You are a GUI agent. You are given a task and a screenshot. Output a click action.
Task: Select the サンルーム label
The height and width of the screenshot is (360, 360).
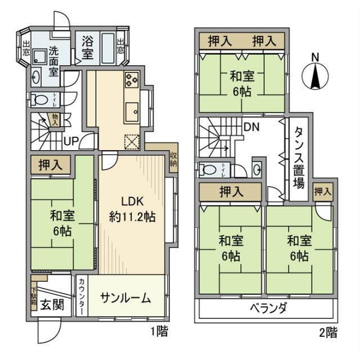point(125,299)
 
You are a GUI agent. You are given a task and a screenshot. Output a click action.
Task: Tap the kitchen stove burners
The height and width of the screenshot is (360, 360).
point(132,81)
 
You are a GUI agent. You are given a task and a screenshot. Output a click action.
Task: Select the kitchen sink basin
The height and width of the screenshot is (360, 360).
point(133,109)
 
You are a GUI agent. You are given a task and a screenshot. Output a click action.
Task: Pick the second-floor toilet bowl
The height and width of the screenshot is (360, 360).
point(208,168)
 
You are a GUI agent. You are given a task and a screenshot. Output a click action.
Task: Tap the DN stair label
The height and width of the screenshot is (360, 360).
point(251,127)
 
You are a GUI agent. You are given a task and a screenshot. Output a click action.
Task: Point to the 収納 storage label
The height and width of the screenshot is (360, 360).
point(173,160)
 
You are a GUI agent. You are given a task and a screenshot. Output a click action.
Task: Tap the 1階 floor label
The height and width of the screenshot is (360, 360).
point(159,331)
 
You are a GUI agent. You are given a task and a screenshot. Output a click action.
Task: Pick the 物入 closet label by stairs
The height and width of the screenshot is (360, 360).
point(55,119)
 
